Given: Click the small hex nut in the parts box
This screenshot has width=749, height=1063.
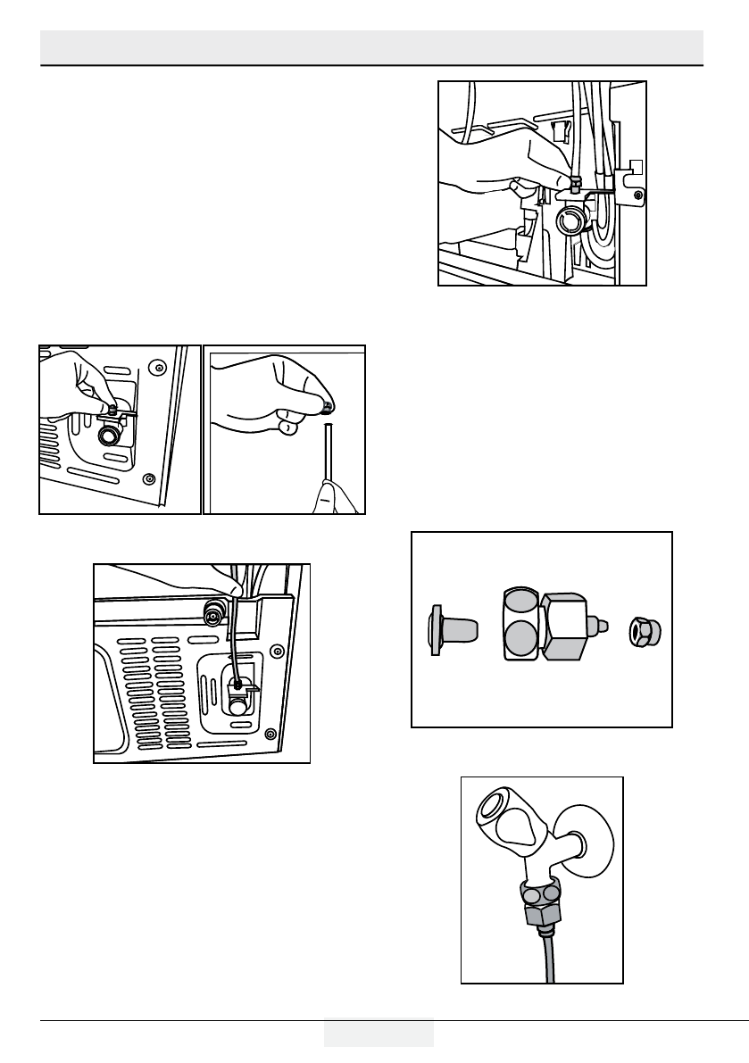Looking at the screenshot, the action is pos(642,631).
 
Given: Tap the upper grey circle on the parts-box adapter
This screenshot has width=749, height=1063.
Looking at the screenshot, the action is pos(521,604).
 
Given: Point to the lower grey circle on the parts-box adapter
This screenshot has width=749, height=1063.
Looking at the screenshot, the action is pos(521,641).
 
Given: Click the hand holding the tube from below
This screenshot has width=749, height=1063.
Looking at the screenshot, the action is pos(337,494).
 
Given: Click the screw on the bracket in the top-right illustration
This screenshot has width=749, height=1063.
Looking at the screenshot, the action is pos(635,195).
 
